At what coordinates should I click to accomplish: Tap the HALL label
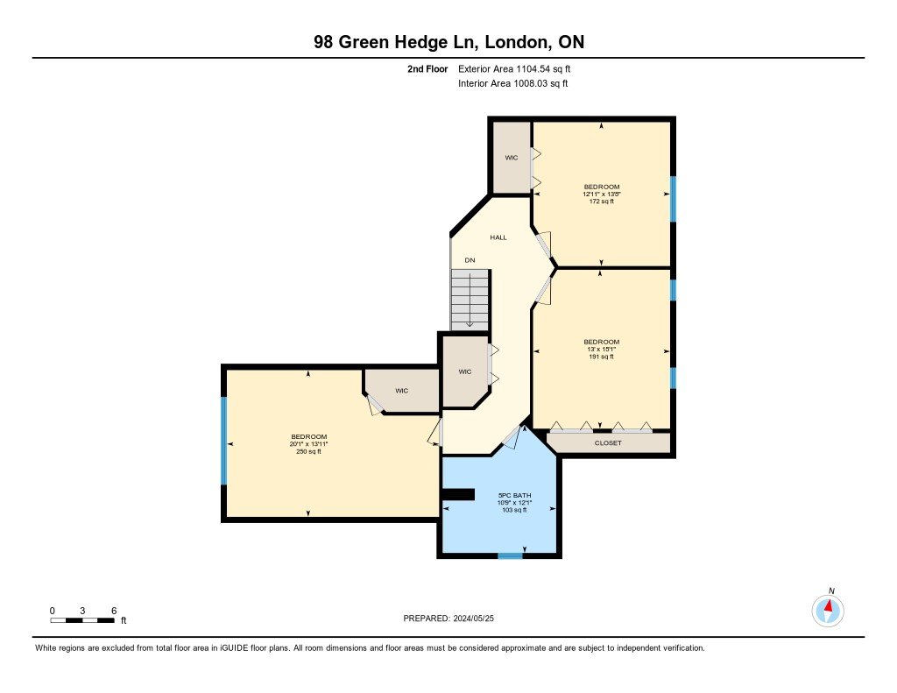tap(498, 237)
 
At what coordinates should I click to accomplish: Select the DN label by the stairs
tap(470, 260)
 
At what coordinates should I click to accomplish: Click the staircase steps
tap(470, 300)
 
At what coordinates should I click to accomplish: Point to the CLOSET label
tap(608, 443)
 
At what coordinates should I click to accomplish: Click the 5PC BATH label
tap(514, 496)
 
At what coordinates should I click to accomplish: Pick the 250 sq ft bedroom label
tap(308, 444)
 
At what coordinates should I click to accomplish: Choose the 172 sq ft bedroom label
tap(601, 194)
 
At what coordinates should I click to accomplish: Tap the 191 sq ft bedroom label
tap(601, 349)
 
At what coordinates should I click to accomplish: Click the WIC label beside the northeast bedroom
tap(511, 158)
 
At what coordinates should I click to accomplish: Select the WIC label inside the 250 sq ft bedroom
tap(401, 391)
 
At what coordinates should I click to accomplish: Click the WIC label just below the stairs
tap(464, 372)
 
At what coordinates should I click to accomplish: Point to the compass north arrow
tap(828, 606)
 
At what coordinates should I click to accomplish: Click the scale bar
tap(82, 620)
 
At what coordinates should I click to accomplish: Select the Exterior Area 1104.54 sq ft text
tap(514, 69)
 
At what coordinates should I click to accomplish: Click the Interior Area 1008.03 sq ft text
tap(513, 83)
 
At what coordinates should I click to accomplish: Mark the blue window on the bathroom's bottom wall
tap(510, 555)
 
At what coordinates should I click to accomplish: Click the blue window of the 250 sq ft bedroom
tap(224, 440)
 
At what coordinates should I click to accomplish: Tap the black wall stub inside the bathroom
tap(459, 494)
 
